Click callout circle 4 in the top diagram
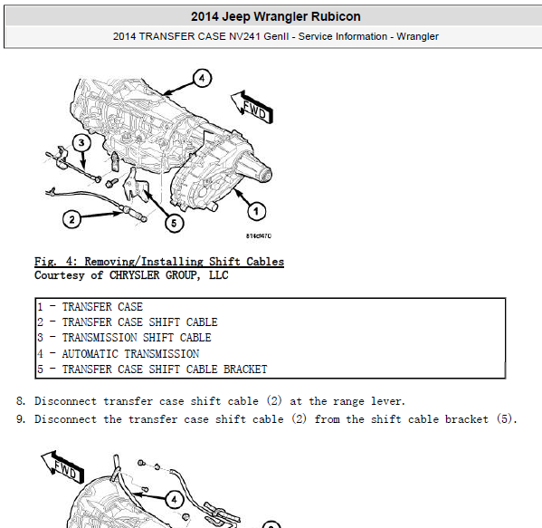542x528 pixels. [x=202, y=78]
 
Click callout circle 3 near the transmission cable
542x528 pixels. [x=81, y=142]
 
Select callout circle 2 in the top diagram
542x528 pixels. [x=71, y=219]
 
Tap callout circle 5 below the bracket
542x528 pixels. [x=174, y=223]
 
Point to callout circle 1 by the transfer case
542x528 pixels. [x=256, y=211]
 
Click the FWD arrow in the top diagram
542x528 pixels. [x=252, y=107]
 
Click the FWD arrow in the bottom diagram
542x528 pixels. [x=62, y=467]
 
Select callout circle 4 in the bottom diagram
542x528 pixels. [x=175, y=500]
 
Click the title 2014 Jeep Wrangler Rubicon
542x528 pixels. [x=275, y=16]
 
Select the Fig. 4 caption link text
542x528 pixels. [x=159, y=262]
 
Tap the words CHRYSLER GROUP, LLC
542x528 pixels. [x=168, y=275]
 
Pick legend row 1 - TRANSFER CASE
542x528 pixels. [x=90, y=307]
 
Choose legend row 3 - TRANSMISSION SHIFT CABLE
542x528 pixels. [x=124, y=338]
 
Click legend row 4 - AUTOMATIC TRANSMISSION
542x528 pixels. [x=119, y=353]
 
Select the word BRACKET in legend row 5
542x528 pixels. [x=245, y=370]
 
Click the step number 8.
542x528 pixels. [x=21, y=401]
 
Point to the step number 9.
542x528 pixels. [x=21, y=419]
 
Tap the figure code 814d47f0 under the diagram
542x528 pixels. [x=259, y=236]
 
